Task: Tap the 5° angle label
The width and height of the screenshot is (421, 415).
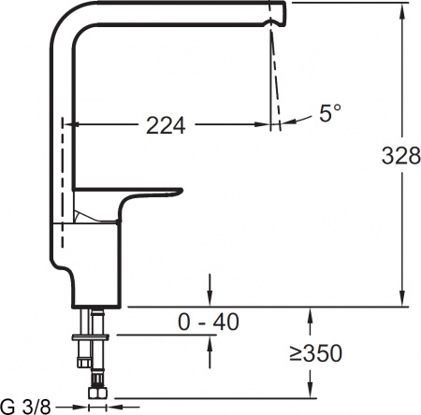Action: [x=329, y=114]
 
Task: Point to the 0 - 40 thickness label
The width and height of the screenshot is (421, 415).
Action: [x=208, y=322]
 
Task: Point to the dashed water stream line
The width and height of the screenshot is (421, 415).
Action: [x=274, y=75]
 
